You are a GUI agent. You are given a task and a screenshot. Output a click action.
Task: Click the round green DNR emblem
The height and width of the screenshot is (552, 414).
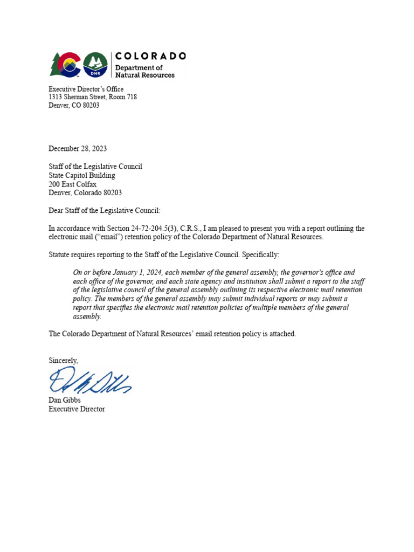[x=95, y=65]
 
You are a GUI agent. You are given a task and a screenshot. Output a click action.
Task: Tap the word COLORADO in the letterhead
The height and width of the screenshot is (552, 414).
[x=151, y=56]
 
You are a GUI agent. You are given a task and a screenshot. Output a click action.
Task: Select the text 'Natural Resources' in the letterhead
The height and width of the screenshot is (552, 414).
[x=145, y=75]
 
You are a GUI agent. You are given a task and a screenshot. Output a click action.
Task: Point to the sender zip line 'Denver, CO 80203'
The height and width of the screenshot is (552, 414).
[x=74, y=106]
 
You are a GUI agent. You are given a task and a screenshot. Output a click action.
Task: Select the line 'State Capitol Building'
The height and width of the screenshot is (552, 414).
[x=82, y=175]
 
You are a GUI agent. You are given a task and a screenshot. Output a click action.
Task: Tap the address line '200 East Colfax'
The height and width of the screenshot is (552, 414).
[x=73, y=184]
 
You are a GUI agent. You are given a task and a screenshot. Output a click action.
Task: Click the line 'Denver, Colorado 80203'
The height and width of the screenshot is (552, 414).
[x=85, y=192]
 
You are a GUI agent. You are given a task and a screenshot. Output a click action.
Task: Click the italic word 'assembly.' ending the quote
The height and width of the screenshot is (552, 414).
[x=87, y=316]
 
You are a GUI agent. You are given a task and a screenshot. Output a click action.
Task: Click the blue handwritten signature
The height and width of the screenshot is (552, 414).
[x=89, y=380]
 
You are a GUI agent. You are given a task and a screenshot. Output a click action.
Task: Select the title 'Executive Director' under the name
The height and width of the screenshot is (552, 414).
[x=77, y=409]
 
